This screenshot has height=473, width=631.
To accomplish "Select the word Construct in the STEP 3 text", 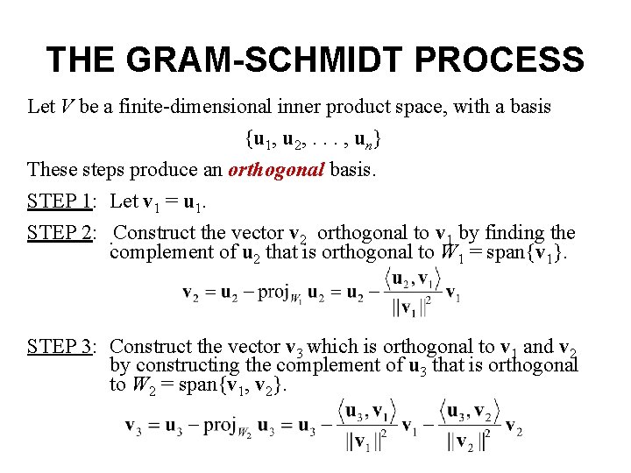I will [144, 347].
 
